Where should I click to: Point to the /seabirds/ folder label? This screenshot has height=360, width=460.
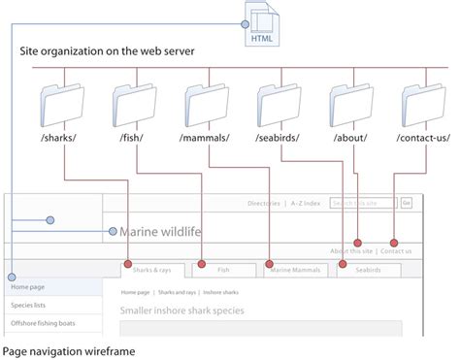tap(279, 139)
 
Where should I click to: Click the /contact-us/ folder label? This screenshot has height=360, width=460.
tap(423, 139)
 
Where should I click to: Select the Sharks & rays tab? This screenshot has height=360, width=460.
tap(152, 271)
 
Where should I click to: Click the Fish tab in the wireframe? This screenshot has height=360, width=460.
tap(223, 271)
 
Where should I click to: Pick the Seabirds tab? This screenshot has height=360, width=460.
tap(368, 271)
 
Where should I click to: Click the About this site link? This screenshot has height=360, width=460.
tap(352, 251)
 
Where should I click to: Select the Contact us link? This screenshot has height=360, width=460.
tap(396, 251)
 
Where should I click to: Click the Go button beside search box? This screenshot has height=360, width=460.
tap(407, 203)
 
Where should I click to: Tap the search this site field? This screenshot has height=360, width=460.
tap(363, 203)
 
